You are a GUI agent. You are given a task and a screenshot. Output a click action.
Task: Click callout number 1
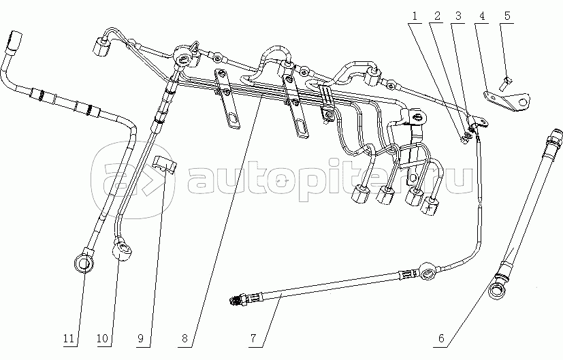pyautogui.click(x=415, y=16)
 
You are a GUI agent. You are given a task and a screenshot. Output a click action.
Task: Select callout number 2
pyautogui.click(x=437, y=16)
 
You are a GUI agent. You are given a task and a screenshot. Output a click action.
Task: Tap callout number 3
pyautogui.click(x=458, y=16)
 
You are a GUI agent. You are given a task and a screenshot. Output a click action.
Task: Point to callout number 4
pyautogui.click(x=482, y=16)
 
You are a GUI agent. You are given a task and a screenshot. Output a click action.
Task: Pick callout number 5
pyautogui.click(x=507, y=16)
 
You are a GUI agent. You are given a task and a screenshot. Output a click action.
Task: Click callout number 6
pyautogui.click(x=441, y=338)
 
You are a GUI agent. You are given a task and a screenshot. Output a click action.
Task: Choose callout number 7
pyautogui.click(x=253, y=338)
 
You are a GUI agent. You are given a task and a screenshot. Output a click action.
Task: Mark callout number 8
pyautogui.click(x=184, y=338)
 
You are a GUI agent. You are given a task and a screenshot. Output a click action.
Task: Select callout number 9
pyautogui.click(x=140, y=338)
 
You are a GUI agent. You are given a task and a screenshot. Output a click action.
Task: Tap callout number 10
pyautogui.click(x=102, y=338)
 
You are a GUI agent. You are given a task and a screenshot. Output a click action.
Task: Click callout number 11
pyautogui.click(x=69, y=338)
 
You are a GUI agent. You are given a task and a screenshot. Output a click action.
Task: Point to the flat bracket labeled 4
pyautogui.click(x=506, y=101)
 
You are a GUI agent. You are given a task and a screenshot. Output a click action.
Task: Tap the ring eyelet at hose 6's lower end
pyautogui.click(x=498, y=289)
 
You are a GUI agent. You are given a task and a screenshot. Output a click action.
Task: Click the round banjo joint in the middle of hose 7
pyautogui.click(x=429, y=271)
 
